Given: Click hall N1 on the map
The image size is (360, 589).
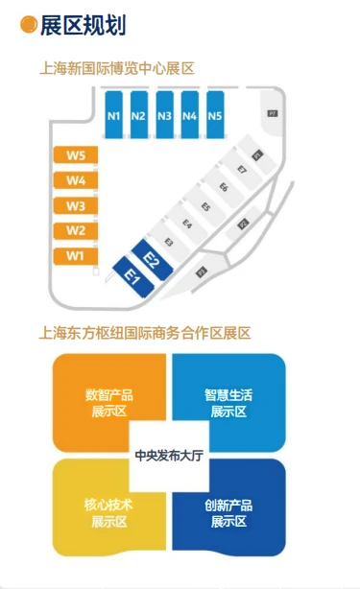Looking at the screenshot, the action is (x=113, y=116).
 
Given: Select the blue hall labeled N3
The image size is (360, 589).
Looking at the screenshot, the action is (x=164, y=116).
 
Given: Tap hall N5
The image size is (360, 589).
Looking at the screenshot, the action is (x=214, y=116).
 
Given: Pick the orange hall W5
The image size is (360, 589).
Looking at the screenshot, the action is (x=76, y=155).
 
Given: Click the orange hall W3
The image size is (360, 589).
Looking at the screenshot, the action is (x=76, y=205).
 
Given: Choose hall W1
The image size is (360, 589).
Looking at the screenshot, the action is (x=76, y=256).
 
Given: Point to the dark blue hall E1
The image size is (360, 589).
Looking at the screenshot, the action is (x=132, y=277).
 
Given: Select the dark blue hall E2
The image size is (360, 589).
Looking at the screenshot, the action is (x=151, y=259).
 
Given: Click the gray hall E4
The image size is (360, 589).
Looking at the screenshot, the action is (x=187, y=224).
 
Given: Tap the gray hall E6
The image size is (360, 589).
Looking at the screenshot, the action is (x=224, y=188).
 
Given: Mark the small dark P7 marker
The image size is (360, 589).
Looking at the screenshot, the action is (x=273, y=113).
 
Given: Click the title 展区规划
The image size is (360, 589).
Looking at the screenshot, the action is (x=84, y=25).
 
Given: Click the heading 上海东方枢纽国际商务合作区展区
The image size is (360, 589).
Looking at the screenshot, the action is (x=144, y=334).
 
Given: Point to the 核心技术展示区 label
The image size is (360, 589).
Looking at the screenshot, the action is (x=108, y=512).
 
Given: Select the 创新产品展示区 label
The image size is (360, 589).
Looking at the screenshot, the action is (x=228, y=512).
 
